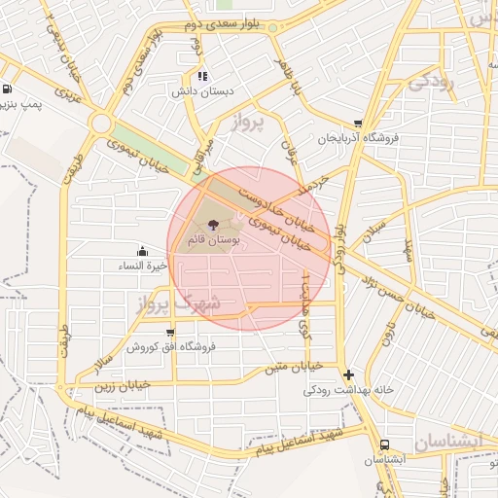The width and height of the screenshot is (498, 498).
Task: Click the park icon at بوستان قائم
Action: (214, 223)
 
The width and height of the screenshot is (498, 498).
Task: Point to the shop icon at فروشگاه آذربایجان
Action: (359, 124)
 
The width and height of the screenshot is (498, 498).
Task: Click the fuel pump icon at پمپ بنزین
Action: (8, 89)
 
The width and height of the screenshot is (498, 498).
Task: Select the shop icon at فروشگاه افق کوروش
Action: (170, 334)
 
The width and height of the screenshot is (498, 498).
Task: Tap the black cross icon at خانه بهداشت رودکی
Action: (348, 374)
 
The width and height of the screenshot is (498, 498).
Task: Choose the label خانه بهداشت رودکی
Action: (348, 390)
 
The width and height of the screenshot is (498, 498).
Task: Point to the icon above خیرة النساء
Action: (143, 251)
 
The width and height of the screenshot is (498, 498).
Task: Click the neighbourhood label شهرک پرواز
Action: (174, 303)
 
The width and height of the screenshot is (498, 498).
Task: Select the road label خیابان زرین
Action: (122, 385)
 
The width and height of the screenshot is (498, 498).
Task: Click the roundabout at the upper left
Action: (100, 124)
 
